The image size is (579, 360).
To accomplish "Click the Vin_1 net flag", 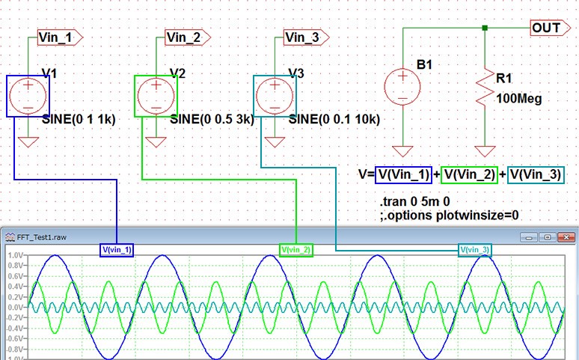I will tap(59, 36).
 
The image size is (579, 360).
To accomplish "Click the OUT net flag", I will tap(546, 28).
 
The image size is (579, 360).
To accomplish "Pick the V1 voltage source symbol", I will tap(28, 96).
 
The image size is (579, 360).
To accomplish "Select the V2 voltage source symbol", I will tap(156, 96).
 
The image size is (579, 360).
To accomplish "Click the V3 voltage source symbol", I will tap(275, 96).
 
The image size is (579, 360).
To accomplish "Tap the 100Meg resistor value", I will tap(520, 98).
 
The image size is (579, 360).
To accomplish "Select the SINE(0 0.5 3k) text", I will tap(212, 119).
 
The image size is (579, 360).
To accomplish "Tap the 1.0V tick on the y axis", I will tap(14, 255).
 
